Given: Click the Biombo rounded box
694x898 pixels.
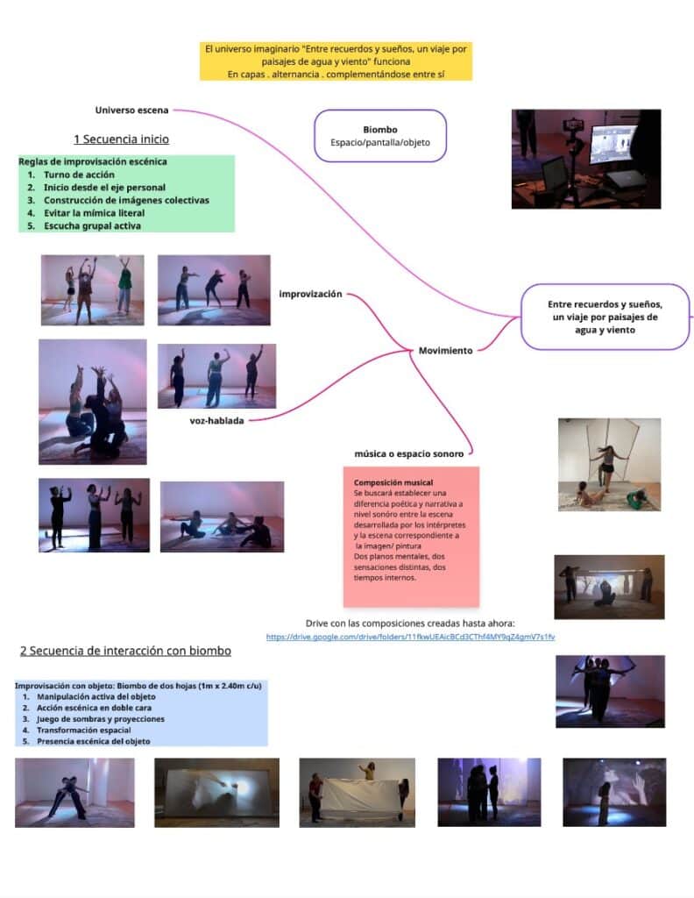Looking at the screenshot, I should tap(380, 136).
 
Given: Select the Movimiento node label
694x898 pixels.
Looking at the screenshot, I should tap(445, 350).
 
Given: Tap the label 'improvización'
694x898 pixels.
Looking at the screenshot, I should tap(310, 294).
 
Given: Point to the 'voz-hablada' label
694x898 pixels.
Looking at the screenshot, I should tap(216, 420).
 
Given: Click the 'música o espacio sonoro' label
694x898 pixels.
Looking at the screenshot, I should tap(408, 453).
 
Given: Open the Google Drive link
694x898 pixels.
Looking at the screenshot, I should tap(410, 637).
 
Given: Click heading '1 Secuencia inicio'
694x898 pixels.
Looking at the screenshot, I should tap(121, 139).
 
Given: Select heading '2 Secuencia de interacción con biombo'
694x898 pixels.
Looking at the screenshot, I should tap(125, 651).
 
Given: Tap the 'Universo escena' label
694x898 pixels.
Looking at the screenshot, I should tap(131, 110).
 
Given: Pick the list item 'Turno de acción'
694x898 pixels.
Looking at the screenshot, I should tap(78, 175).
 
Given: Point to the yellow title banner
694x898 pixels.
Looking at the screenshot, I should tap(336, 61).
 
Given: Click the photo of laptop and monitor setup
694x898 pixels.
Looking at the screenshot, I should tap(585, 159).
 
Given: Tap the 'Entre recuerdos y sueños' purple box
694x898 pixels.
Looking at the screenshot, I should tap(605, 317).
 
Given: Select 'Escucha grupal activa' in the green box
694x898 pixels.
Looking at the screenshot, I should tap(92, 226).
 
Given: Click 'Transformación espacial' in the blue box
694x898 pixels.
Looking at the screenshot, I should tap(84, 730).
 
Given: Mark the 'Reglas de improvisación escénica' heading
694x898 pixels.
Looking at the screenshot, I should tap(92, 161).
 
